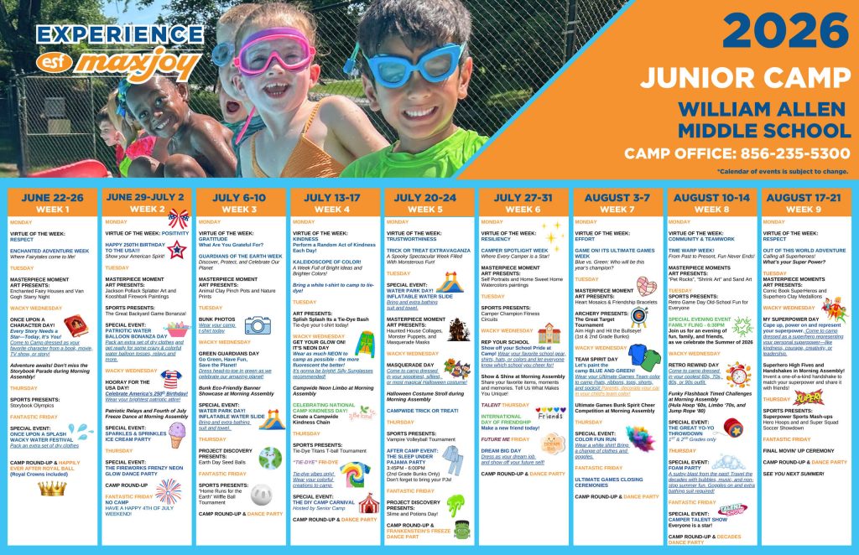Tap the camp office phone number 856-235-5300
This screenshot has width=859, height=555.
737,154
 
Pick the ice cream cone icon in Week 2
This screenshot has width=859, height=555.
176,434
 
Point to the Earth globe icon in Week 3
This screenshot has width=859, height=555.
270,458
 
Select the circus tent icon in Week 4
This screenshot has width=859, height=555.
368,502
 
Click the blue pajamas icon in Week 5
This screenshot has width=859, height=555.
452,460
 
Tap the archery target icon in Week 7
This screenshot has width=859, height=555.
639,316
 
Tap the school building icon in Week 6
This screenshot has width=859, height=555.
549,333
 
